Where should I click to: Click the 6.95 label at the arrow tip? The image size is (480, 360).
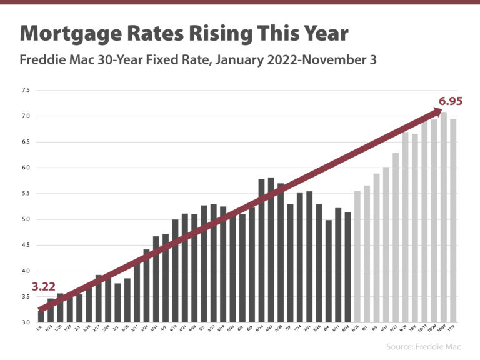[x=450, y=101]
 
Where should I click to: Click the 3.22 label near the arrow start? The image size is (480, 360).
[x=45, y=287]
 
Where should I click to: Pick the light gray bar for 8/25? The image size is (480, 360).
[x=357, y=256]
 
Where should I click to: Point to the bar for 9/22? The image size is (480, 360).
[x=396, y=237]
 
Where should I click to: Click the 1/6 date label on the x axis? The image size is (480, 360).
[x=39, y=329]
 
